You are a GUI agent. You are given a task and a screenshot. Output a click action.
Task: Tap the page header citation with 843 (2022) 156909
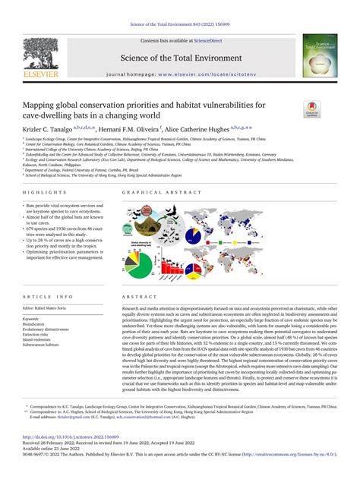coord(179,5)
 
